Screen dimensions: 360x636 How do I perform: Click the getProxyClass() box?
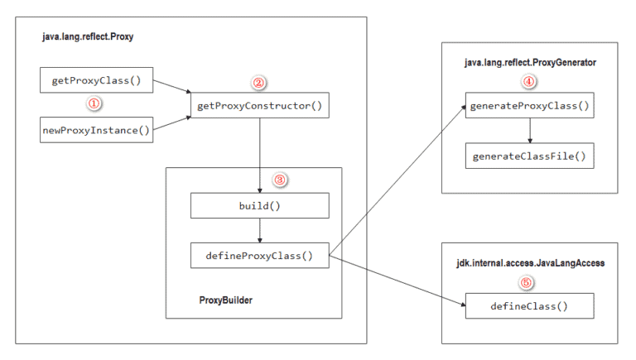click(97, 80)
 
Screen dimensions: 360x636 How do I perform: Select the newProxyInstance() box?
click(97, 130)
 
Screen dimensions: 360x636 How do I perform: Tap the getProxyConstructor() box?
click(259, 105)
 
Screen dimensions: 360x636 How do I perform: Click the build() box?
click(260, 205)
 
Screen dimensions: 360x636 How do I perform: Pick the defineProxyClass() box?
click(260, 255)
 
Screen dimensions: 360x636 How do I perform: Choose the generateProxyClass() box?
click(528, 107)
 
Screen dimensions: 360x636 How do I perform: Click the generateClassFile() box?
click(528, 156)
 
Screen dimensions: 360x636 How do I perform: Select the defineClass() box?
click(528, 305)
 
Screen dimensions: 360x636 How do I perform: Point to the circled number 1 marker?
click(94, 105)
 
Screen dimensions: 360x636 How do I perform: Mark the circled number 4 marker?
click(528, 82)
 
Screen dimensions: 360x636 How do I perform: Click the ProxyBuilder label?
click(226, 300)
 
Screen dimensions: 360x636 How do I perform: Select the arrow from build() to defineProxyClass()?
click(260, 230)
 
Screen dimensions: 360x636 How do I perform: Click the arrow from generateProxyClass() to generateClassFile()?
click(528, 132)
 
